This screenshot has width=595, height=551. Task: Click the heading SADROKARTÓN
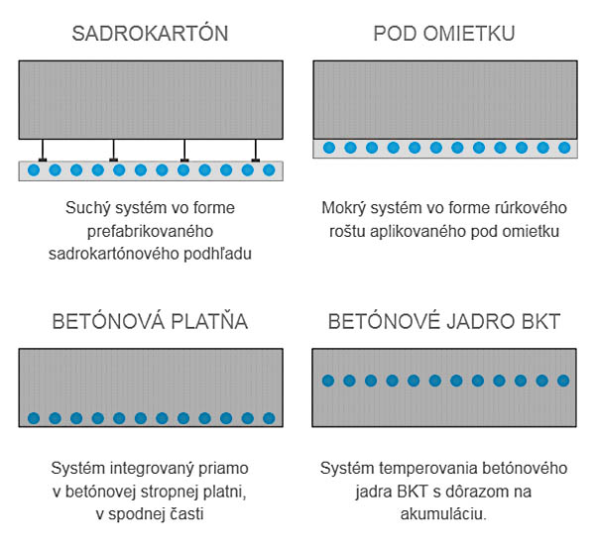tap(150, 33)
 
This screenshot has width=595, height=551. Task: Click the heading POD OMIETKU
tap(444, 34)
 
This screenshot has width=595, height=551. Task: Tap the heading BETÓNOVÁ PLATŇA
tap(150, 321)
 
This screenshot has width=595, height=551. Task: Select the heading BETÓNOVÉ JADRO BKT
tap(444, 321)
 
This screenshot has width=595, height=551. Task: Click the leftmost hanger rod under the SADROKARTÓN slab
tap(43, 151)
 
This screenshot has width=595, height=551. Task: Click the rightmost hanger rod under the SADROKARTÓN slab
tap(256, 151)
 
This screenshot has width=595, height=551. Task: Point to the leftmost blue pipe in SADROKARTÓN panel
tap(34, 170)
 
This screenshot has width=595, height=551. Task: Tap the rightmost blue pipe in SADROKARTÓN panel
tap(269, 170)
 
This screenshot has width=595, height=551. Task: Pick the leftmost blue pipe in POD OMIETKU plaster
tap(329, 148)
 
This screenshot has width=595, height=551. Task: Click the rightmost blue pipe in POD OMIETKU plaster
tap(564, 148)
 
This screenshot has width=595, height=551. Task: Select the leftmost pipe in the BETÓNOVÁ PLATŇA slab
tap(34, 418)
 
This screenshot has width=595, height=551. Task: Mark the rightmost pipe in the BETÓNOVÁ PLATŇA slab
tap(269, 418)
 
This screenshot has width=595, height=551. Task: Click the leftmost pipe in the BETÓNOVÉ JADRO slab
tap(328, 381)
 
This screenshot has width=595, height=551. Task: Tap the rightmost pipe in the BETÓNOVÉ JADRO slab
tap(563, 381)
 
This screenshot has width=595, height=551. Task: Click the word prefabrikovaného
tap(150, 231)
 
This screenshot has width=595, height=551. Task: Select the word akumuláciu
tap(443, 514)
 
